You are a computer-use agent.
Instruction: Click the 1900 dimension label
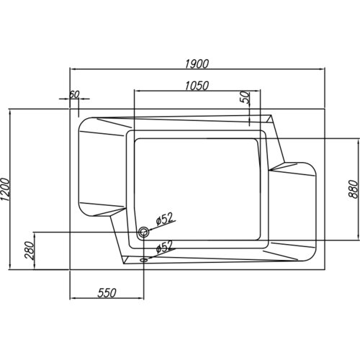pos(197,63)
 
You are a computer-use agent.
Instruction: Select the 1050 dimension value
pos(197,86)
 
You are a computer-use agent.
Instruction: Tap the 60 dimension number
pos(74,94)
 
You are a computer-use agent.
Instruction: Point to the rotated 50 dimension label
pos(246,97)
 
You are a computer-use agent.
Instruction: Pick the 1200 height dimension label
pos(6,189)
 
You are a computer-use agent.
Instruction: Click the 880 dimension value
pos(353,189)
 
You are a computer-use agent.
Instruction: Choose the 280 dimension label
pos(30,251)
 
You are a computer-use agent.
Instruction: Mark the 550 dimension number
pos(107,293)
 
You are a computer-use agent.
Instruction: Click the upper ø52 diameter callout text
pos(164,219)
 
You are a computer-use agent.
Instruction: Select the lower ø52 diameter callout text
pos(164,247)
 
